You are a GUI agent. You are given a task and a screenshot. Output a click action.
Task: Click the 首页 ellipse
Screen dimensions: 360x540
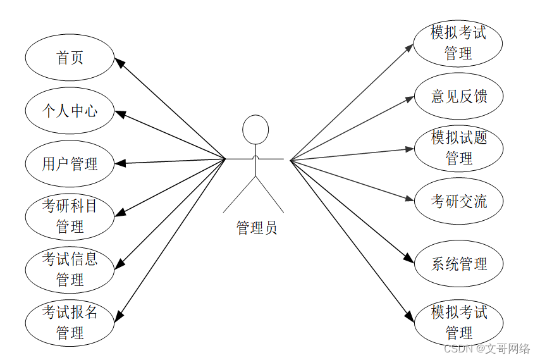coord(70,58)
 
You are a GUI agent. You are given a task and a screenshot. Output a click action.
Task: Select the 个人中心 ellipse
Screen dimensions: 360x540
coord(70,111)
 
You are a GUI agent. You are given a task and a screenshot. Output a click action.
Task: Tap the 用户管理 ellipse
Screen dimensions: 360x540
coord(70,164)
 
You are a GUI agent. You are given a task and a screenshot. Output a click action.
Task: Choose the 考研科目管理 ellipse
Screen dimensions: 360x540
coord(70,216)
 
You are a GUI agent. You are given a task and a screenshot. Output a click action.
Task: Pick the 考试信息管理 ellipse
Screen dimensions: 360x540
coord(70,269)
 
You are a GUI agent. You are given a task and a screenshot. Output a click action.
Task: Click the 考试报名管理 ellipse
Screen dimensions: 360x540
coord(70,322)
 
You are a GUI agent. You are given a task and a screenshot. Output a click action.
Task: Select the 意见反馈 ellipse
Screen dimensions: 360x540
coord(458,96)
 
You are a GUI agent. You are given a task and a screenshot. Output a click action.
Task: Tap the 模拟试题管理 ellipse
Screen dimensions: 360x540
coord(458,149)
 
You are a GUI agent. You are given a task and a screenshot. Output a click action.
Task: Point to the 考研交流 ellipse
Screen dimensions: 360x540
coord(458,202)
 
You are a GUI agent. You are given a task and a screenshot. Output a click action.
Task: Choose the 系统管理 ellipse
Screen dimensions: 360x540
coord(458,264)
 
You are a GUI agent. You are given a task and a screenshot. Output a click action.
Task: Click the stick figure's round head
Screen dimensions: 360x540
coord(255,130)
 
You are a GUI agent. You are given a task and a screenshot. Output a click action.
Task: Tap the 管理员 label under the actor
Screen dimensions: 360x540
coord(256,228)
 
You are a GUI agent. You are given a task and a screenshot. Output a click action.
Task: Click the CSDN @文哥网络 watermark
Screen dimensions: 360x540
coord(487,349)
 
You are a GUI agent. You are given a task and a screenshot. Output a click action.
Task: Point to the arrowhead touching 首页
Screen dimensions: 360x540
coord(119,62)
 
